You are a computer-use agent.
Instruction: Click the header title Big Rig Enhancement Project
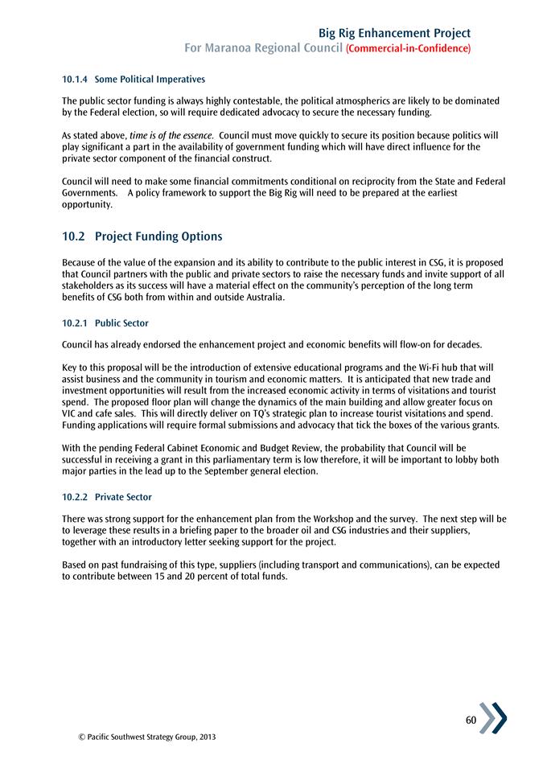(x=394, y=33)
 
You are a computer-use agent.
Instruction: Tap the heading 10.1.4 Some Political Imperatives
(x=134, y=80)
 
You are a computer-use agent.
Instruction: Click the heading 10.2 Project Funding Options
(x=142, y=237)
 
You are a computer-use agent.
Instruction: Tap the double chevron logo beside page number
(x=493, y=718)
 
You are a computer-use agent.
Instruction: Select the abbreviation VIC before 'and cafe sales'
(x=70, y=413)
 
